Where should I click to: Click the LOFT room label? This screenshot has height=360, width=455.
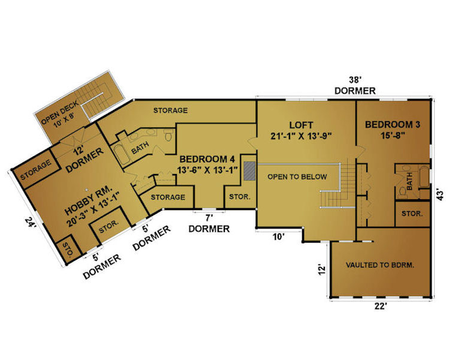(301, 125)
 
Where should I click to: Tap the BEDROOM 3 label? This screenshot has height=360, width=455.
(392, 125)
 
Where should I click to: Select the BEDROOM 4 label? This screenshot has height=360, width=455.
(207, 159)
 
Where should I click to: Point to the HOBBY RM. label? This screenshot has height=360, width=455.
(88, 200)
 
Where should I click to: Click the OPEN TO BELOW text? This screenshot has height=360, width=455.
(297, 177)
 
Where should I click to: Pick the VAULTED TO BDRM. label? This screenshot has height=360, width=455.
(380, 265)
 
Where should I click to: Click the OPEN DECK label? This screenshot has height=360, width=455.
(59, 112)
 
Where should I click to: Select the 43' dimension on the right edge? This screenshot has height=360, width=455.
(440, 195)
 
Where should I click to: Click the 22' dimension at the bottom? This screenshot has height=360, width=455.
(381, 306)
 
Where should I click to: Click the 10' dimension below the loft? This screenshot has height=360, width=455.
(278, 237)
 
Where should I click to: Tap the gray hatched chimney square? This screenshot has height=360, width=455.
(249, 171)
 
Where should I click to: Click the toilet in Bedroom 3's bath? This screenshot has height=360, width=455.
(402, 191)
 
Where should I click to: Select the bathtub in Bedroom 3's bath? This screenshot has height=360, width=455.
(424, 177)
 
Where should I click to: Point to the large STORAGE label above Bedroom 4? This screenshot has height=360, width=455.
(170, 110)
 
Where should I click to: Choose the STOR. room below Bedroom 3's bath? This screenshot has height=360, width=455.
(412, 214)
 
